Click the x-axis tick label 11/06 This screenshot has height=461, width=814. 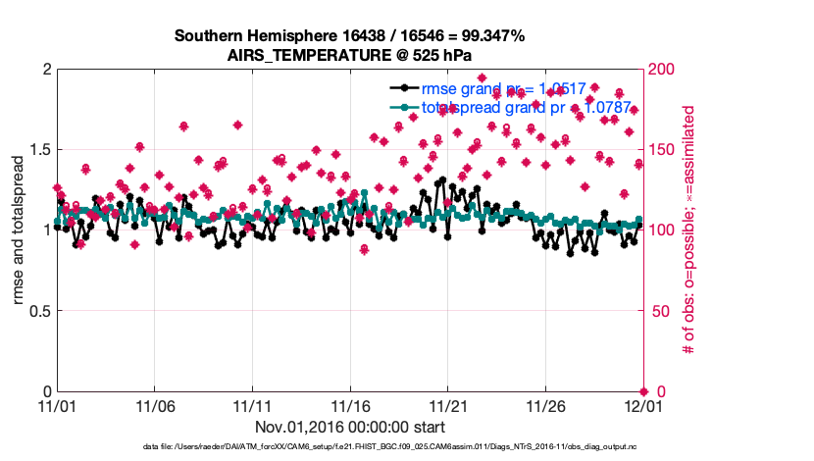(154, 405)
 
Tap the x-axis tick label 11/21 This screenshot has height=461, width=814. (447, 405)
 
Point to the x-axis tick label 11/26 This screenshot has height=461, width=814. (545, 405)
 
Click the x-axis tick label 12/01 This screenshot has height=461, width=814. (642, 405)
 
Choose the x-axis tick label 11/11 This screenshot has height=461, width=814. (252, 405)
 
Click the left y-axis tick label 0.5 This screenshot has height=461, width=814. (40, 311)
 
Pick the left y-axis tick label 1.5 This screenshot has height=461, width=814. (40, 150)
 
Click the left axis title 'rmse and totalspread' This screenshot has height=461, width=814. (20, 230)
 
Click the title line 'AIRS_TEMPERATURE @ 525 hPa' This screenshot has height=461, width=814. (349, 54)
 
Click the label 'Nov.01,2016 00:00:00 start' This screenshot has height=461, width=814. (350, 427)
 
